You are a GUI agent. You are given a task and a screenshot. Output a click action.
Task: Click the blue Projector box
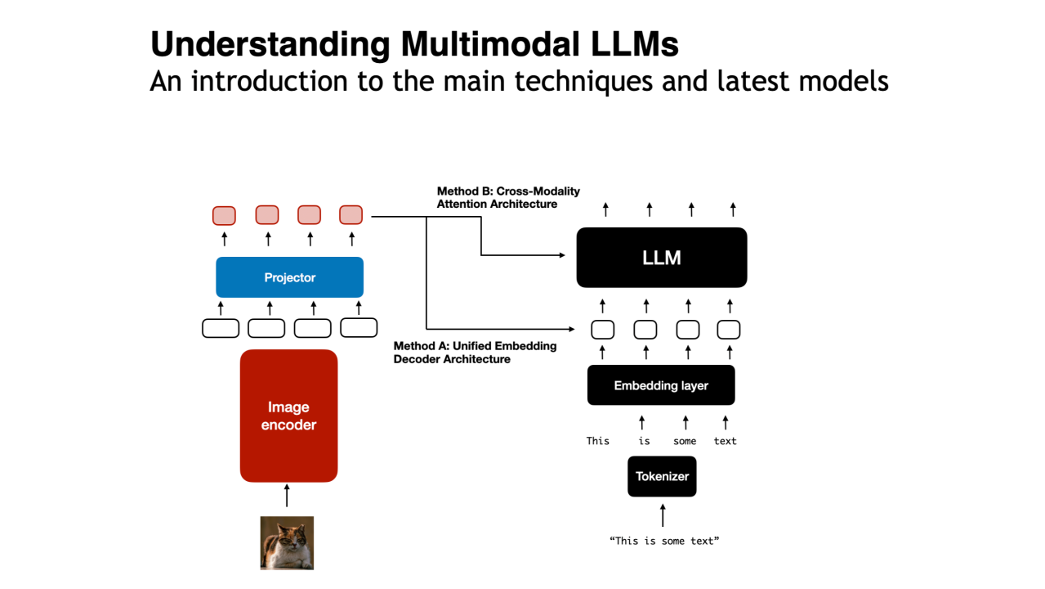(289, 277)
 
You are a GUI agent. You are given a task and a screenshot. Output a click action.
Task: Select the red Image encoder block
(288, 416)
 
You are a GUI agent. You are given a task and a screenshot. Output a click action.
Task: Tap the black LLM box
(661, 258)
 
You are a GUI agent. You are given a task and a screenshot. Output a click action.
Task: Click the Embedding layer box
(661, 385)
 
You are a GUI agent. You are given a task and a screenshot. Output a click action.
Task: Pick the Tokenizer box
(662, 476)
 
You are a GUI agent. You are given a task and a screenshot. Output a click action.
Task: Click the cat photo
(287, 542)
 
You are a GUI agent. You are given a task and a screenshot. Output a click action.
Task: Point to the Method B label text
(508, 197)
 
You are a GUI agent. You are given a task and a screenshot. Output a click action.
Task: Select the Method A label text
(475, 353)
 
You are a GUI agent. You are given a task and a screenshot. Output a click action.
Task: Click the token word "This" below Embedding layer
(598, 441)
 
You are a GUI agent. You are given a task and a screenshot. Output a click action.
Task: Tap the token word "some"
(685, 441)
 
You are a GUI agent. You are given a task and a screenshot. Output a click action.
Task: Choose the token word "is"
(644, 441)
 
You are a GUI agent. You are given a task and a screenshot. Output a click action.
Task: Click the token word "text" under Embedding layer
(725, 441)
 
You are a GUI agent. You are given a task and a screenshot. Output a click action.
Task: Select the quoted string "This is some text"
(663, 541)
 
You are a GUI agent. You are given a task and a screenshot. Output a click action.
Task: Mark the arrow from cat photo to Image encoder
(287, 496)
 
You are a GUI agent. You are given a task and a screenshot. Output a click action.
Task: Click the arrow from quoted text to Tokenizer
(663, 515)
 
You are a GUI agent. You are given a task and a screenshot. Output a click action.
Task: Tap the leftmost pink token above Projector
(224, 215)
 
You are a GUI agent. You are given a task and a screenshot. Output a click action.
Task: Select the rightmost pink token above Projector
(351, 215)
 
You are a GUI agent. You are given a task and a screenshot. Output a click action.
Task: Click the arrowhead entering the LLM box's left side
(561, 255)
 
